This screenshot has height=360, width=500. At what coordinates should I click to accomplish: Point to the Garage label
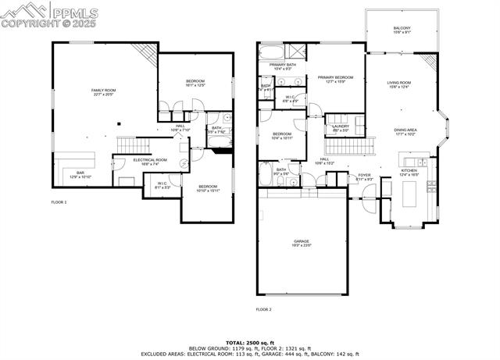coord(302,243)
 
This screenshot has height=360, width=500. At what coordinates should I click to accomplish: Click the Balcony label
coord(402,30)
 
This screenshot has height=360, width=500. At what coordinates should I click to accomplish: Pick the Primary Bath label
coord(282,66)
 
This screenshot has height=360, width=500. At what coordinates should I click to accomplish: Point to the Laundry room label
coord(340,127)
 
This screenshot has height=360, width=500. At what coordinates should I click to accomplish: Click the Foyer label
coord(365,176)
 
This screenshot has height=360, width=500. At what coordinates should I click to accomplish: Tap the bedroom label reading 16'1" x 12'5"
coord(195,84)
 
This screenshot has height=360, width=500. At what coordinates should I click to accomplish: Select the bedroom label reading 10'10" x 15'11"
coord(207,188)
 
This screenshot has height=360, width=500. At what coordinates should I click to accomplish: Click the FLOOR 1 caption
coord(59,202)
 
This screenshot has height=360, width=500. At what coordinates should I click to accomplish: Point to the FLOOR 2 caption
coord(264,309)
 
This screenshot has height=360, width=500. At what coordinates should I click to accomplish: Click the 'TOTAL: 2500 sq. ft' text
coord(250,342)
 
